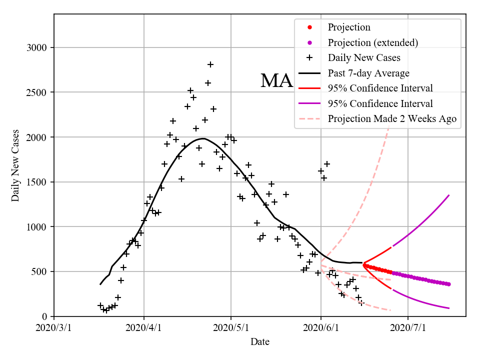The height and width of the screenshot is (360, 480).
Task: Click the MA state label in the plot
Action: click(276, 81)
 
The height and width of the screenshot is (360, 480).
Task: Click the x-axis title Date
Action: click(260, 342)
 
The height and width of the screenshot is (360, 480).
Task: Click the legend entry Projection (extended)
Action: click(372, 42)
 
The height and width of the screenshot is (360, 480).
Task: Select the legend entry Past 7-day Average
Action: click(368, 73)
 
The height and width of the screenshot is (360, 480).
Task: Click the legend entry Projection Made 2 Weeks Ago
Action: click(392, 119)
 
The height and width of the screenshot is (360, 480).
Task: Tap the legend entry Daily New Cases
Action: click(364, 58)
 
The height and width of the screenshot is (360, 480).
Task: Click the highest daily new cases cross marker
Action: click(210, 64)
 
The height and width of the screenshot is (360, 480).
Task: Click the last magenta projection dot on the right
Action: click(448, 284)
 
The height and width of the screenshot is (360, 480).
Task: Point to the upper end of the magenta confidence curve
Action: click(448, 195)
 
